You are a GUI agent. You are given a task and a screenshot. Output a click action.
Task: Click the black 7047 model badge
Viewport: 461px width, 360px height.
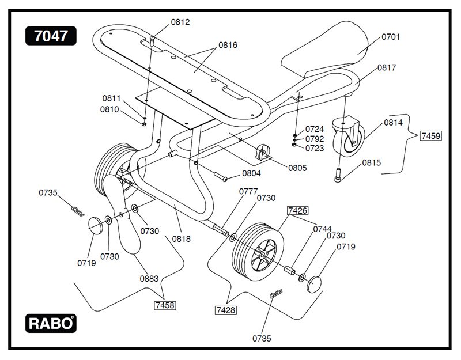[x=51, y=36]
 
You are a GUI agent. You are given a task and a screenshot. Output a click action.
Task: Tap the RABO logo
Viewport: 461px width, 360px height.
[x=51, y=323]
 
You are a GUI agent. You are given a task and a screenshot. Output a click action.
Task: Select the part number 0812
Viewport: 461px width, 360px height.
[x=180, y=22]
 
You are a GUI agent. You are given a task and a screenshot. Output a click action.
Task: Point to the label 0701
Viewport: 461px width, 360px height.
[x=391, y=37]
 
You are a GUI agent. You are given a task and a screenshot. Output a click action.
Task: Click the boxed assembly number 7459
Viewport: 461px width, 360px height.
[x=430, y=136]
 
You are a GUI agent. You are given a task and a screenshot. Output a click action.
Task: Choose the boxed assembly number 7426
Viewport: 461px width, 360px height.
[x=297, y=211]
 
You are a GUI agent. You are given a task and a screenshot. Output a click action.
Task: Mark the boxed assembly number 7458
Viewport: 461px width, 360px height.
[x=165, y=305]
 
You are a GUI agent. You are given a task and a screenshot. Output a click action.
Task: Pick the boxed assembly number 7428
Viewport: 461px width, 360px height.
[x=225, y=310]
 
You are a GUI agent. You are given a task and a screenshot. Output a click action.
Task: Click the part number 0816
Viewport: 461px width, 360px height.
[x=228, y=45]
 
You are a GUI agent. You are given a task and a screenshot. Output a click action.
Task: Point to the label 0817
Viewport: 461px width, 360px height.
[x=387, y=67]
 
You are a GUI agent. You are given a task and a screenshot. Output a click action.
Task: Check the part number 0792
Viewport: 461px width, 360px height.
[x=315, y=139]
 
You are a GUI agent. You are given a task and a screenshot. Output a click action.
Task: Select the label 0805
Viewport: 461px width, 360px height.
[x=297, y=168]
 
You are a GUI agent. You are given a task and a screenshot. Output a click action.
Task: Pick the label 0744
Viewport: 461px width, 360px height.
[x=322, y=229]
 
